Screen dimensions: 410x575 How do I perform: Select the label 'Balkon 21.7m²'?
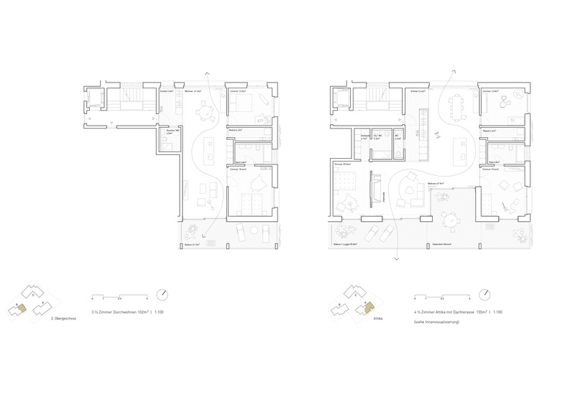(190, 246)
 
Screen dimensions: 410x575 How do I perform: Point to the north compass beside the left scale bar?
(165, 294)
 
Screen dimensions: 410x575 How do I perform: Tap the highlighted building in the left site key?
(23, 308)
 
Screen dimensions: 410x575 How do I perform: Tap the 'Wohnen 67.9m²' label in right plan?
(435, 184)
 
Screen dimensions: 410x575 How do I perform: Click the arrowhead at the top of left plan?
(208, 73)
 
